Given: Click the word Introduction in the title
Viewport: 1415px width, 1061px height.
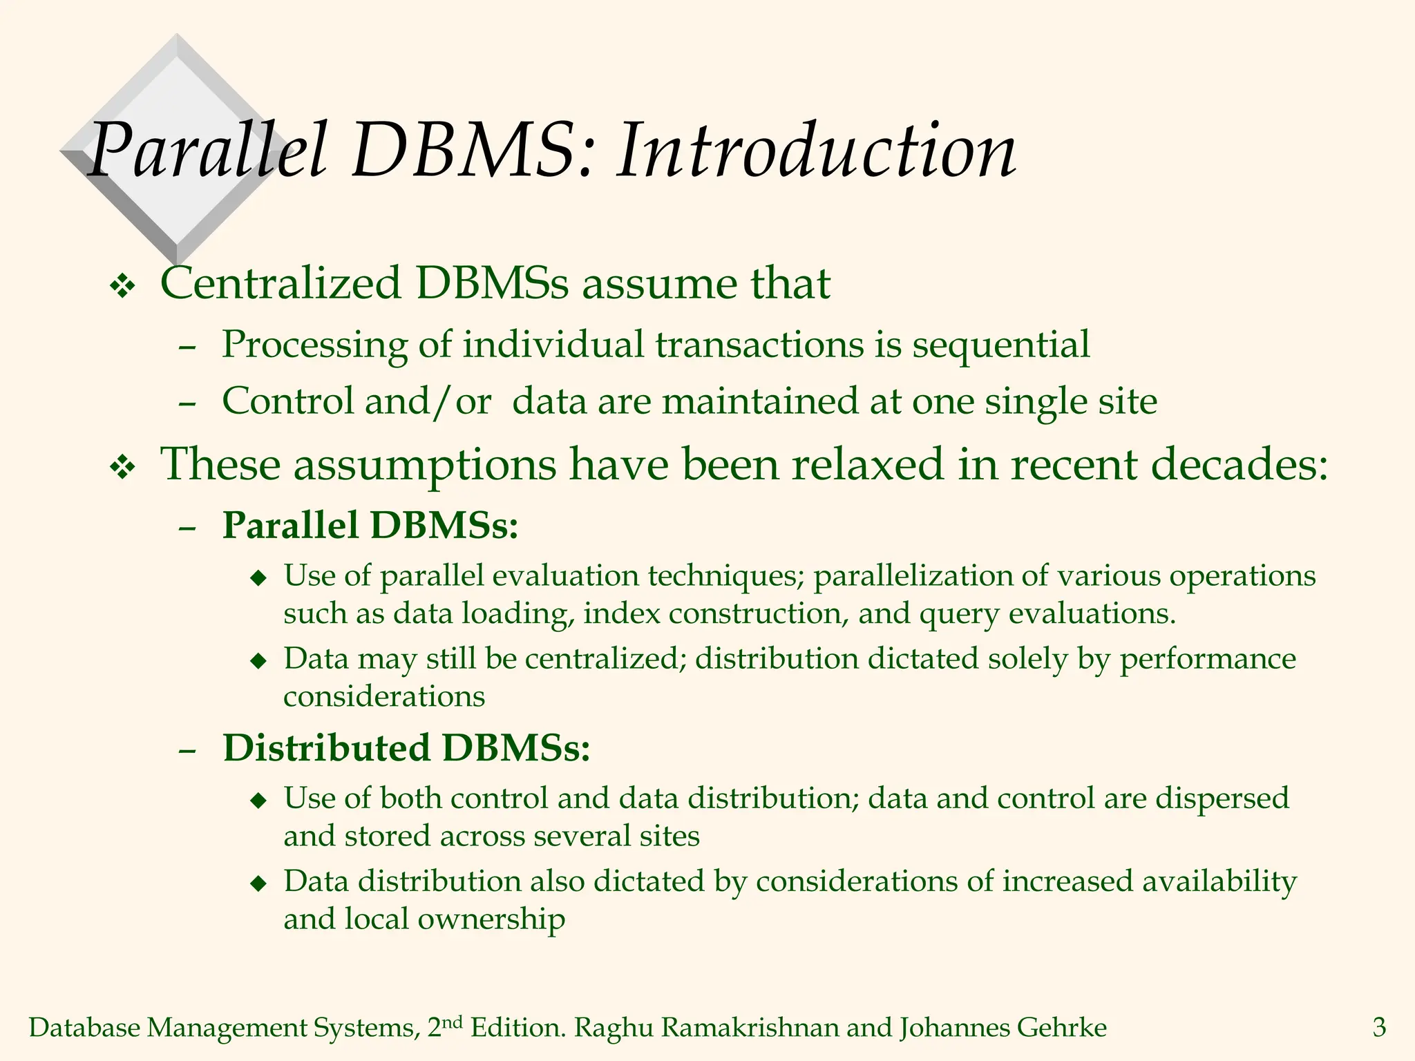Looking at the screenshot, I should coord(815,151).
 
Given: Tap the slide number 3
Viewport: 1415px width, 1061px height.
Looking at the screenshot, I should coord(1379,1028).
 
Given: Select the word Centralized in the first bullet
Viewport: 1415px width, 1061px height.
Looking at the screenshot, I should coord(281,283).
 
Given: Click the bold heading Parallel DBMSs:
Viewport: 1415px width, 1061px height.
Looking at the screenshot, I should coord(370,525).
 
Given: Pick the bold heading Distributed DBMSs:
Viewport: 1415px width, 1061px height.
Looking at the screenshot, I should coord(406,747).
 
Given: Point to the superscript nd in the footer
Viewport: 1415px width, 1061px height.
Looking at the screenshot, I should coord(452,1022).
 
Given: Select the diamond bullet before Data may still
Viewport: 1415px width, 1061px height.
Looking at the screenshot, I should coord(258,661).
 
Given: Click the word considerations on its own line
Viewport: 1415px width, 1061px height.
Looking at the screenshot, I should coord(384,696).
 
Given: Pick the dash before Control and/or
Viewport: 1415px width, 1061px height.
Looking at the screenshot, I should coord(187,402).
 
